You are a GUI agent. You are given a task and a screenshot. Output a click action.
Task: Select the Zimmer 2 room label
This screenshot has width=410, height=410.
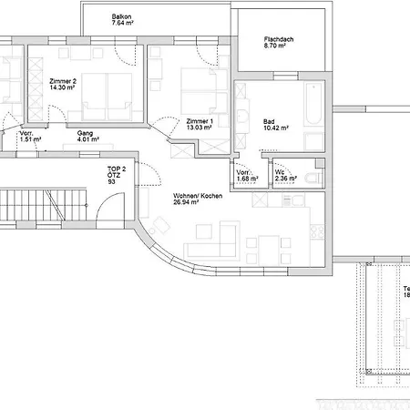pyautogui.click(x=63, y=81)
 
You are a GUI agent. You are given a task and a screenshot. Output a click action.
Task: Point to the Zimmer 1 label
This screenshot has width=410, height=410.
pyautogui.click(x=199, y=121)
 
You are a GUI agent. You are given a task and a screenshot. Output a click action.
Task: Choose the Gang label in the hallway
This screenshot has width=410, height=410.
pyautogui.click(x=86, y=132)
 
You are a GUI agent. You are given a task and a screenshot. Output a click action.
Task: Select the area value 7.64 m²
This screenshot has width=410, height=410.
pyautogui.click(x=123, y=25)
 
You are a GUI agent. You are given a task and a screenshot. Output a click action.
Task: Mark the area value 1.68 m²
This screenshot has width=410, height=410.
pyautogui.click(x=247, y=179)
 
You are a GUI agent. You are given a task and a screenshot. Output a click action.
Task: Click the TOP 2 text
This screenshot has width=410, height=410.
pyautogui.click(x=116, y=168)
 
